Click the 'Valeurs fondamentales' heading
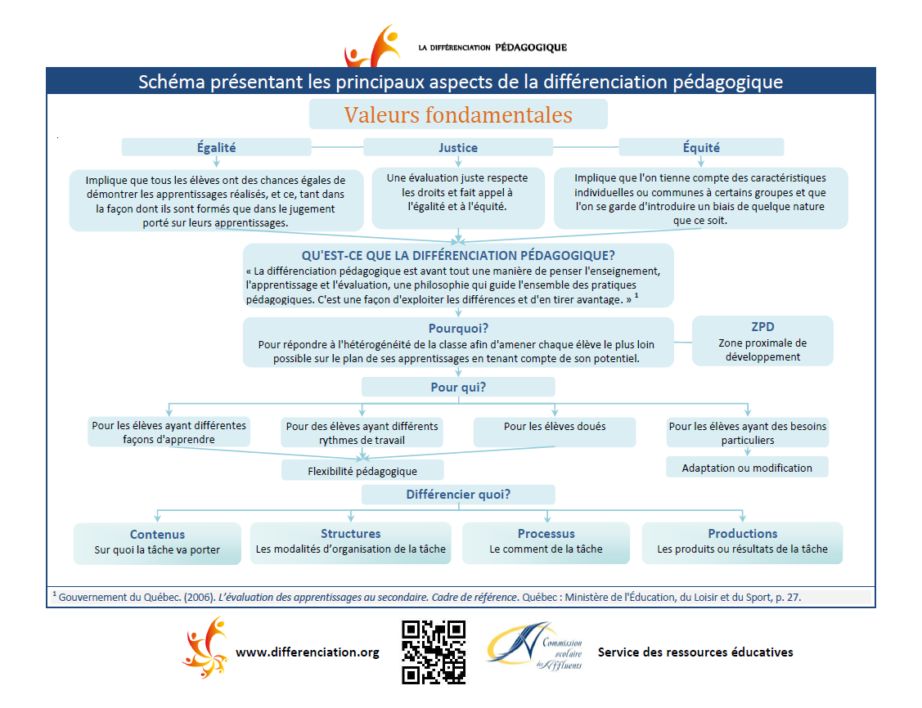coord(458,114)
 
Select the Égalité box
coord(216,147)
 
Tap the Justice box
coord(458,148)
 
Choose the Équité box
coord(701,147)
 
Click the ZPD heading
coord(762,327)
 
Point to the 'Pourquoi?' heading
coord(458,328)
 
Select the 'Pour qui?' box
coord(458,387)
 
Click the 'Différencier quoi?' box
coord(458,495)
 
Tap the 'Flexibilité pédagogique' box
coord(362,470)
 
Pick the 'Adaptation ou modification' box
coord(747,468)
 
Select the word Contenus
coord(157,535)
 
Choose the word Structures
coord(350,534)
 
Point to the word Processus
coord(546,534)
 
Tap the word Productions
coord(742,534)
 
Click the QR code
coord(434,652)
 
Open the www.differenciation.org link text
coord(307,652)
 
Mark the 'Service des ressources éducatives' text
coord(695,652)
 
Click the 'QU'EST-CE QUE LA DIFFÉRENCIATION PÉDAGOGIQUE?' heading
coord(458,254)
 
